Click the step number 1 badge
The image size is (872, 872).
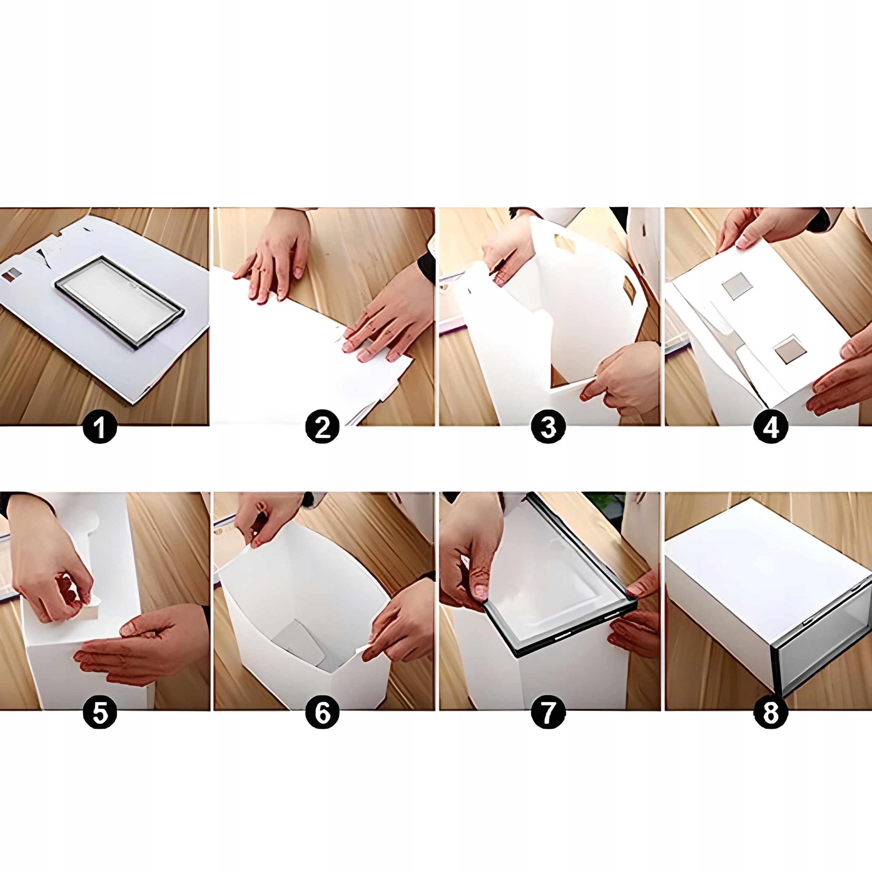click(100, 427)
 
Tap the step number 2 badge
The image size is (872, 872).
click(322, 427)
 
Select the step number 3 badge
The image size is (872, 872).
click(547, 427)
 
